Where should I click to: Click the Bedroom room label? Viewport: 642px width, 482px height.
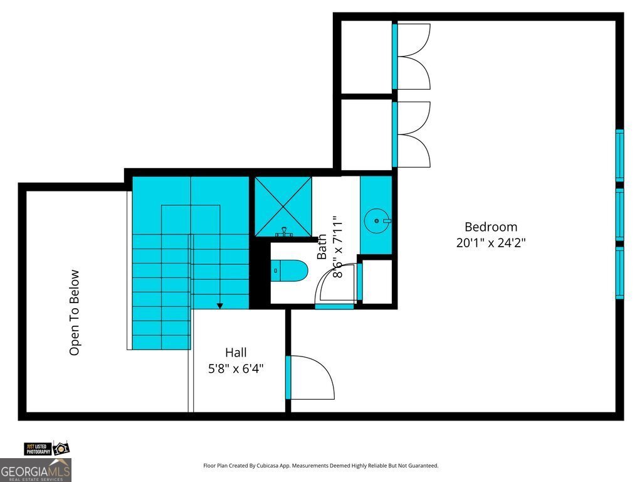coord(490,227)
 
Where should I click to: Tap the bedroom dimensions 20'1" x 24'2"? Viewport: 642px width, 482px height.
coord(490,243)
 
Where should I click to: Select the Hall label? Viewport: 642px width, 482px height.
coord(236,353)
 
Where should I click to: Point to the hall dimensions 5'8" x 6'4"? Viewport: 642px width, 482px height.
coord(236,369)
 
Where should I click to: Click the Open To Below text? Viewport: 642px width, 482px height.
coord(75,313)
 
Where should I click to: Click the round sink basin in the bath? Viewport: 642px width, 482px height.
coord(376,220)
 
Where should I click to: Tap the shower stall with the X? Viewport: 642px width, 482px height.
coord(283,206)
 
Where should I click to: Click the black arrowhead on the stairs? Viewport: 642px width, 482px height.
coord(220,306)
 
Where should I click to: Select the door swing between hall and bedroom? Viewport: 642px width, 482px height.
coord(312,377)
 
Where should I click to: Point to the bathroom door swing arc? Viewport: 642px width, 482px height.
coord(337,284)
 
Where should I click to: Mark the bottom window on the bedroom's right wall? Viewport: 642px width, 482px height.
coord(619,273)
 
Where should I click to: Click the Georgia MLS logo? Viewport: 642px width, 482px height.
coord(36,470)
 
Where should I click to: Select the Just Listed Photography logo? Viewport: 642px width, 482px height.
coord(46,448)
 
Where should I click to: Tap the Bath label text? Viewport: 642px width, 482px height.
coord(322,247)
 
